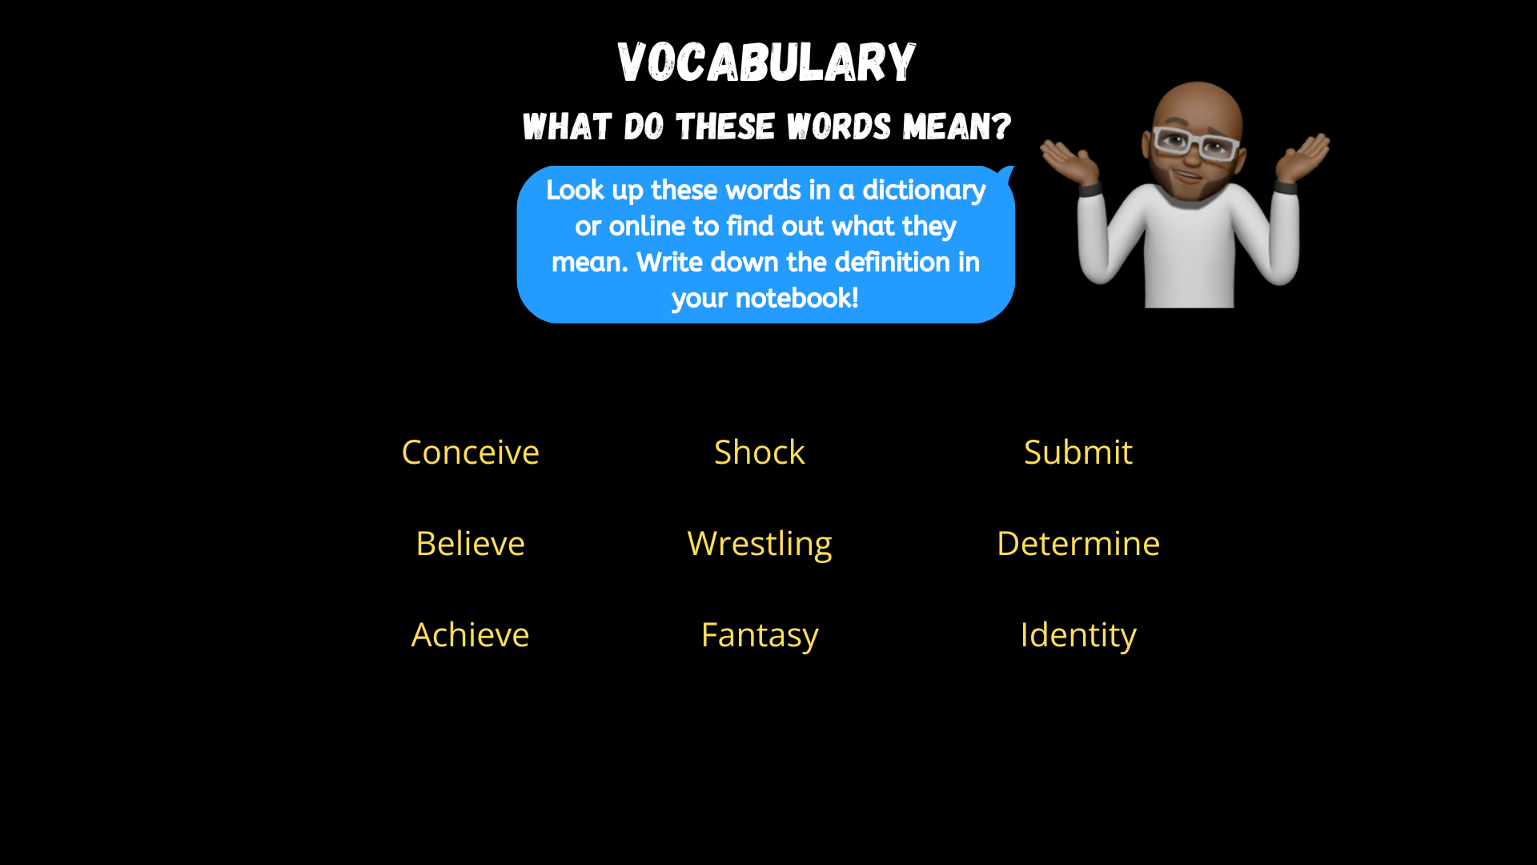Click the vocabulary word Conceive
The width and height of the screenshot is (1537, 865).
470,453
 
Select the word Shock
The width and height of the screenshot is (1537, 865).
759,453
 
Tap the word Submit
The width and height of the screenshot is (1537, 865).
1078,453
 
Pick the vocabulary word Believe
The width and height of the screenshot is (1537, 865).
470,544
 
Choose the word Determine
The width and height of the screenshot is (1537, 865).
1078,544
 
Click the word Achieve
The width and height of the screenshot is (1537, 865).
470,635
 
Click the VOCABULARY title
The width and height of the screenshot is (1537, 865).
766,62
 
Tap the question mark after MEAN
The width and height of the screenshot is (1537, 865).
1001,127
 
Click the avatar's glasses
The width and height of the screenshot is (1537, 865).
1194,143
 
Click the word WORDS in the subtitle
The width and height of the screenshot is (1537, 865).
839,127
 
